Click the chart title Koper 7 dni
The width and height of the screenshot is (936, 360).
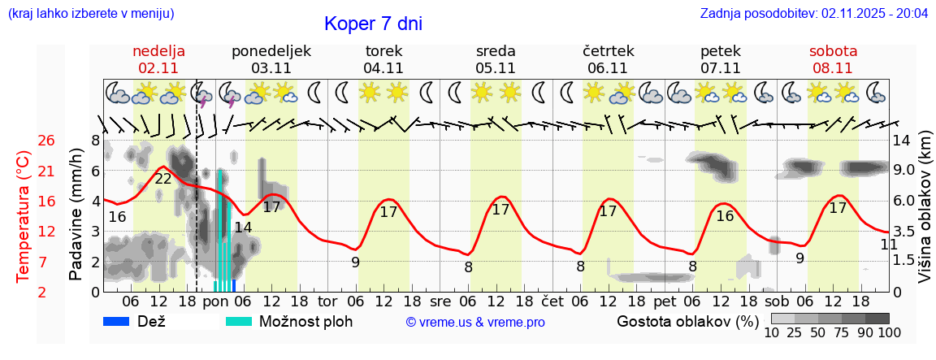click(x=373, y=24)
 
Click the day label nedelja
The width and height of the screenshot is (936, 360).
click(x=159, y=51)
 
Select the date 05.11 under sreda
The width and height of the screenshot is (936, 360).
click(x=496, y=68)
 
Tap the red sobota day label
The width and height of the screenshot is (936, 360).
click(x=833, y=51)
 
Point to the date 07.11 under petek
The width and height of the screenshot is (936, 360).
click(x=720, y=68)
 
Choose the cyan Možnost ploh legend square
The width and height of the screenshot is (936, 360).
click(x=238, y=321)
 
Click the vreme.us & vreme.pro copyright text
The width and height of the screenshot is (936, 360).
click(x=474, y=323)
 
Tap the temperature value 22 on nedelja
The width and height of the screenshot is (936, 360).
click(x=163, y=179)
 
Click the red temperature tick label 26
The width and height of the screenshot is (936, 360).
click(x=24, y=141)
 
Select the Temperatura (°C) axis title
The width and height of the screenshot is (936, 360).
click(x=24, y=216)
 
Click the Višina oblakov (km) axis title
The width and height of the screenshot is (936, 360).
click(x=925, y=216)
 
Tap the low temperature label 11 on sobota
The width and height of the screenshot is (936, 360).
click(x=888, y=245)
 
